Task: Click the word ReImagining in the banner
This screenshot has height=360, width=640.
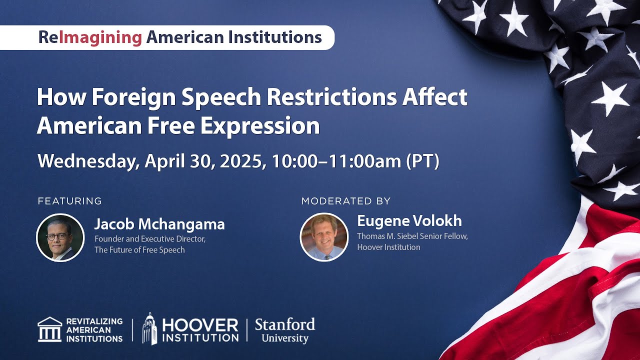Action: pyautogui.click(x=90, y=37)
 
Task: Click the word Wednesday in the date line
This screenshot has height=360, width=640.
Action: pyautogui.click(x=88, y=161)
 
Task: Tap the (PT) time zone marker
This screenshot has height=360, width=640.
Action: pyautogui.click(x=422, y=161)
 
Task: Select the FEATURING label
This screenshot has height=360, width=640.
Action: pyautogui.click(x=69, y=201)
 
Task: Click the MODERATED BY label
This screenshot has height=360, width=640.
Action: pyautogui.click(x=345, y=201)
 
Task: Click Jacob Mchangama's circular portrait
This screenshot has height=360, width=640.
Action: pyautogui.click(x=60, y=237)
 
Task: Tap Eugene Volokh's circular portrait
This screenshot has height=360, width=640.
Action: pyautogui.click(x=324, y=237)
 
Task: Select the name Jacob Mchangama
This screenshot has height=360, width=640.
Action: pyautogui.click(x=159, y=224)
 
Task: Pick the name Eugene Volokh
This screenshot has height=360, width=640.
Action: pyautogui.click(x=409, y=221)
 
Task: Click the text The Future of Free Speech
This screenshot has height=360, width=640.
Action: pyautogui.click(x=139, y=250)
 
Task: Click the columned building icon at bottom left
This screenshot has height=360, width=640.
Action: pyautogui.click(x=50, y=329)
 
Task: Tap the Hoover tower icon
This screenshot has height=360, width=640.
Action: pyautogui.click(x=149, y=328)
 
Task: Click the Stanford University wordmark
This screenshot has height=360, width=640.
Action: pyautogui.click(x=284, y=330)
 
